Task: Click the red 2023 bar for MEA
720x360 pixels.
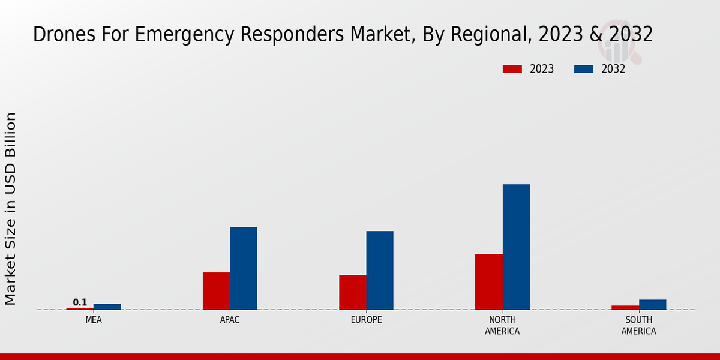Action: pos(80,308)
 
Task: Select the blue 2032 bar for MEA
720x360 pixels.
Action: pos(107,307)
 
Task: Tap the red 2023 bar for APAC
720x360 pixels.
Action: pos(216,291)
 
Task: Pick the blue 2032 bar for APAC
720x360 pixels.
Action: pos(243,268)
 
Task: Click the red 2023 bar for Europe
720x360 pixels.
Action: pos(352,292)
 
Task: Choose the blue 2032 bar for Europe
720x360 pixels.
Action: pos(380,270)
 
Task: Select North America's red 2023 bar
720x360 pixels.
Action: pos(488,281)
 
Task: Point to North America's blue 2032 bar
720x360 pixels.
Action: pos(516,247)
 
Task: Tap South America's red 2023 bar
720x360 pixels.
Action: pos(625,307)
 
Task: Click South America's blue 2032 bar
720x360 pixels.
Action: pos(652,304)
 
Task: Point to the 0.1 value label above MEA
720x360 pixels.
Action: pos(80,302)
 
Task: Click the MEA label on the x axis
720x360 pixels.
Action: pos(94,320)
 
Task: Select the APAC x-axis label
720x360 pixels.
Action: pos(230,320)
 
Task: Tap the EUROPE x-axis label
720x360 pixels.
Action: pos(366,320)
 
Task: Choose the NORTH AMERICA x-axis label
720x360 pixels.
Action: pos(502,326)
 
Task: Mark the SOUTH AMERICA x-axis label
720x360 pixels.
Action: pos(638,326)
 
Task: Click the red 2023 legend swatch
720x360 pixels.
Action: pos(512,69)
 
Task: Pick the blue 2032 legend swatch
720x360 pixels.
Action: pos(584,69)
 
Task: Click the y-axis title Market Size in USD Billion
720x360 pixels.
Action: pos(11,208)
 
